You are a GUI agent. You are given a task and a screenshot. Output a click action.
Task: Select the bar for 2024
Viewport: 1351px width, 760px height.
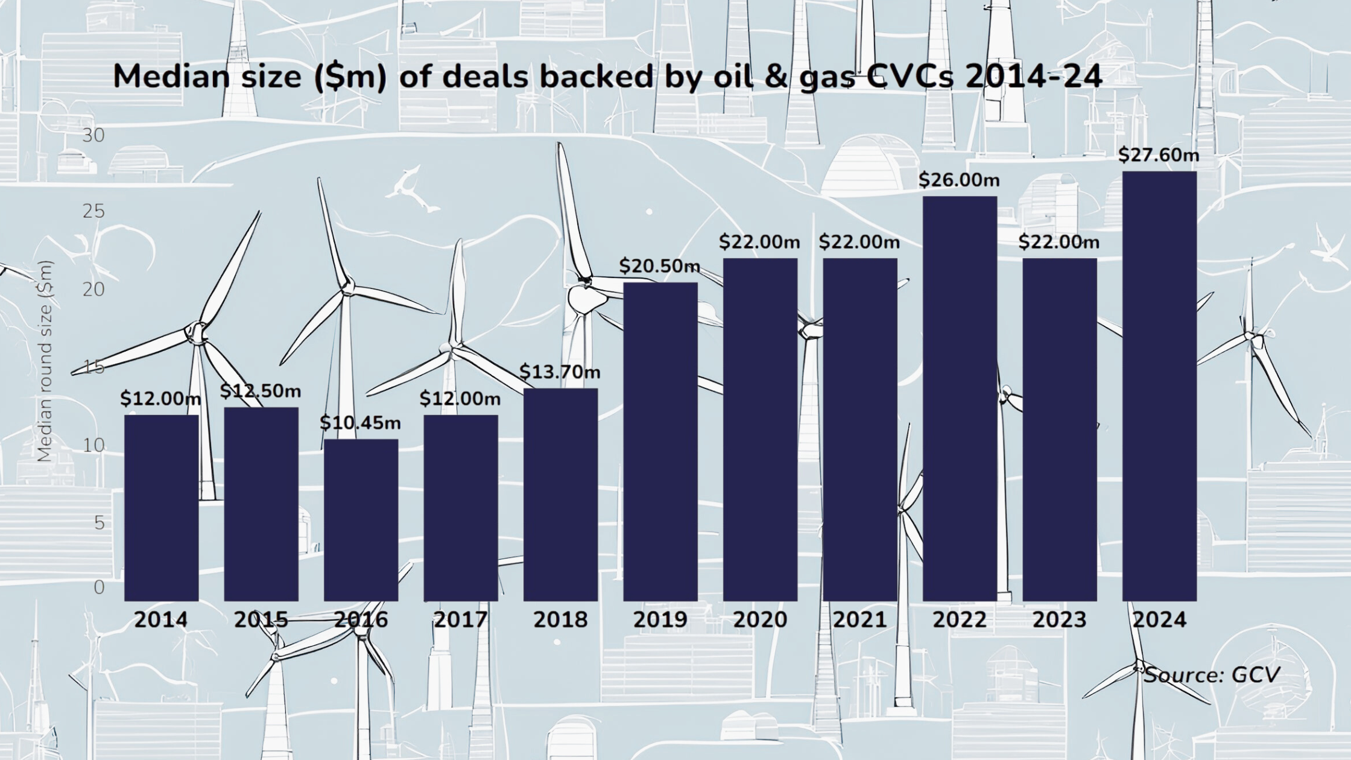[x=1159, y=386]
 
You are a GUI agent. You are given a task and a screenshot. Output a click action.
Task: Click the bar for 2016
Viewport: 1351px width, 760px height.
[x=361, y=520]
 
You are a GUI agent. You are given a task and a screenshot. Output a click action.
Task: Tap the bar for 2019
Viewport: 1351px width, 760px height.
[x=660, y=442]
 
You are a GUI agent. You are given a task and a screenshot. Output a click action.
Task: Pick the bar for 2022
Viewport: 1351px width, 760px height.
[x=960, y=398]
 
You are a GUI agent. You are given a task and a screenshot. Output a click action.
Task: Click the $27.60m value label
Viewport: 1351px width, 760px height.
[x=1159, y=155]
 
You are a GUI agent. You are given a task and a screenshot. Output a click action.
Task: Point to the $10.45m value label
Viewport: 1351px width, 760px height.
[x=360, y=423]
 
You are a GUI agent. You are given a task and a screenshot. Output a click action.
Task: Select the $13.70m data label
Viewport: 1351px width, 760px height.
[x=560, y=372]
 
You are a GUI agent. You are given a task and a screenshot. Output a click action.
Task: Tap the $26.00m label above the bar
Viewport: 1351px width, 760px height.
[x=959, y=180]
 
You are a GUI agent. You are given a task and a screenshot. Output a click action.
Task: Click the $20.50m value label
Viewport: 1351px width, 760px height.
[x=660, y=265]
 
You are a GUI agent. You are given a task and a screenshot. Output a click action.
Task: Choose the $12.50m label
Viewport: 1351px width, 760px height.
[x=261, y=391]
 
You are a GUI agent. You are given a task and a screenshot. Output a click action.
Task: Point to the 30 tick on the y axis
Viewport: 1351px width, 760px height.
[x=93, y=135]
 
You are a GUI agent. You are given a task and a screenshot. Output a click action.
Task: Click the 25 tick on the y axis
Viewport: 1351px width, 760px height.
[x=93, y=211]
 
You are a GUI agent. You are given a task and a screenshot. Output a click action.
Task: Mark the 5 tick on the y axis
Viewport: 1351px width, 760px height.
[x=99, y=522]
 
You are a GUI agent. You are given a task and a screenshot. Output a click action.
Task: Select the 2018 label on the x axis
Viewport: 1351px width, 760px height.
[x=560, y=619]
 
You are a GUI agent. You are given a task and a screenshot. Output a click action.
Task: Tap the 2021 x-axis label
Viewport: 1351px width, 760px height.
[x=859, y=619]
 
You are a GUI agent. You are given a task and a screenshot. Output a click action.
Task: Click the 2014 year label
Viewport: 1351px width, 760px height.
[x=161, y=619]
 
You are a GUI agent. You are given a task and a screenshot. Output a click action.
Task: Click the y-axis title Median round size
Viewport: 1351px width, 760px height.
[x=45, y=362]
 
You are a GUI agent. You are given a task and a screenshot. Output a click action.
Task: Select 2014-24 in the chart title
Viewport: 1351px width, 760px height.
[x=1034, y=77]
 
